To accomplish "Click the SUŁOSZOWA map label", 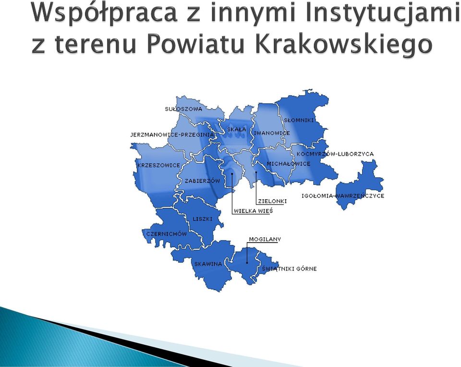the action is tap(183, 109).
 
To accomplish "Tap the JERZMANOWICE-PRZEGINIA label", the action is tap(172, 135).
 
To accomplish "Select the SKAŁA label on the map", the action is tap(237, 129).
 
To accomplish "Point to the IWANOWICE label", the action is tap(272, 133).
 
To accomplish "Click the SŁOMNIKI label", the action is tap(299, 120).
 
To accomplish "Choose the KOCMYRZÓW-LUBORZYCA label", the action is tap(335, 154).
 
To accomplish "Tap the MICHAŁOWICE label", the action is tap(289, 163).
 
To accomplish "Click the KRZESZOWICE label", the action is tap(159, 165).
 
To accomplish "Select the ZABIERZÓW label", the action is tap(202, 181).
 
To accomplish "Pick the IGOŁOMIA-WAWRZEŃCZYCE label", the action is tap(343, 196).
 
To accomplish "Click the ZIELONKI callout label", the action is tap(272, 201).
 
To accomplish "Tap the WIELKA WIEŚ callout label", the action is tap(254, 211).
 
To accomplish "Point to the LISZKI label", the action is tap(203, 219).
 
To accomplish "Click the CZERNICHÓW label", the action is tap(167, 234).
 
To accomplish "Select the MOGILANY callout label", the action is tap(265, 239).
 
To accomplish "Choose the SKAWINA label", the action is tap(208, 264).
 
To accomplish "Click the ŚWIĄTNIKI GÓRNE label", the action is tap(289, 269).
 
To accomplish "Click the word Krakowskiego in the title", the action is tap(344, 44).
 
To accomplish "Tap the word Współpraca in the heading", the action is tap(105, 13).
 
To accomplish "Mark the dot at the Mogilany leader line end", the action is tap(247, 263).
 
